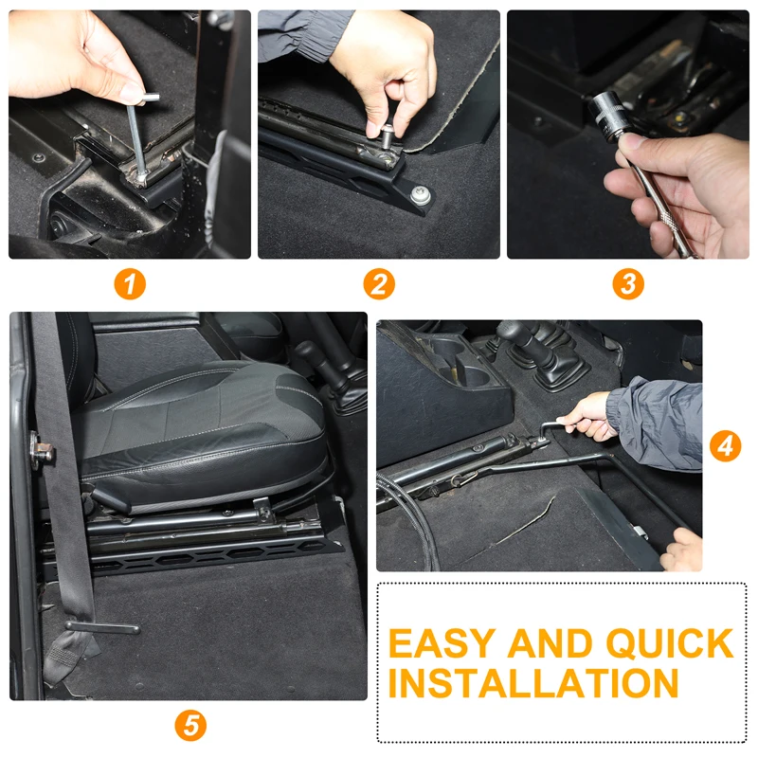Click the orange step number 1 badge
[130, 283]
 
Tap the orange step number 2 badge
[379, 283]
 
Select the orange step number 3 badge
[628, 283]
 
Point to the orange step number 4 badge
[725, 445]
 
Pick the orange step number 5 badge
[190, 725]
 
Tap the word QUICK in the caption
[670, 643]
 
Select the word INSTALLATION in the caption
[533, 683]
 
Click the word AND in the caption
[550, 643]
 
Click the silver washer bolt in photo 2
[422, 196]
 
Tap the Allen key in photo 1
[140, 135]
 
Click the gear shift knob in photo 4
[514, 333]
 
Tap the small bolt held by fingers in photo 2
[387, 136]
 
